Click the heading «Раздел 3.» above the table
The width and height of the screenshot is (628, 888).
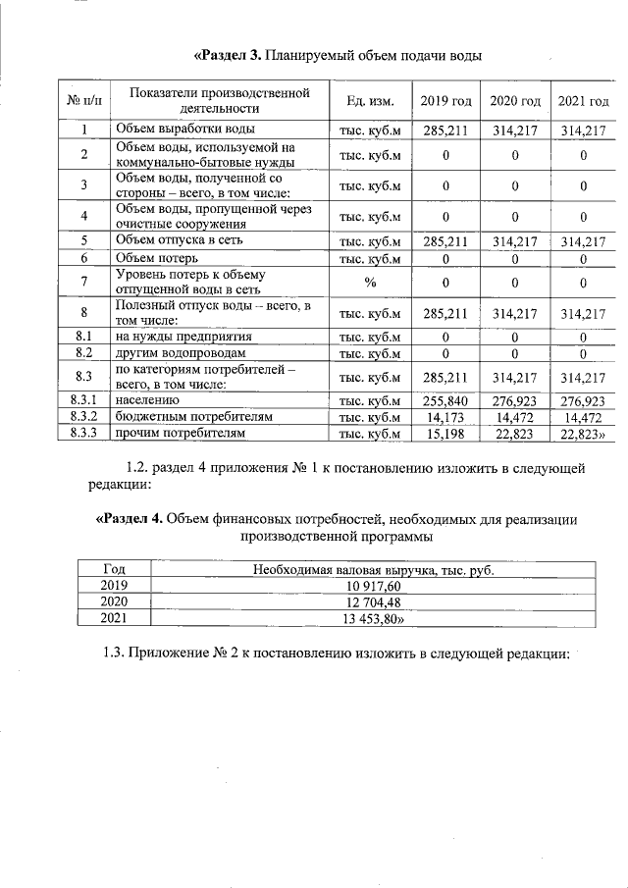coord(228,54)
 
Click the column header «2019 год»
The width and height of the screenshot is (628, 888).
coord(445,101)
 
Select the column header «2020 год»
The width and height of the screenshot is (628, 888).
coord(515,101)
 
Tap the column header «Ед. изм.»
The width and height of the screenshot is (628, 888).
coord(370,101)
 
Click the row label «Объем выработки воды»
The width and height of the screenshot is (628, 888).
coord(185,129)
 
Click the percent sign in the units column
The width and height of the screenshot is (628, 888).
coord(370,283)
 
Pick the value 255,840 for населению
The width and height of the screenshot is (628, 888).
coord(445,401)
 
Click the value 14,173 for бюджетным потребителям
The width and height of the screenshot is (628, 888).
coord(445,417)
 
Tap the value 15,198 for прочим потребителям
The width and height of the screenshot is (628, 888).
coord(445,433)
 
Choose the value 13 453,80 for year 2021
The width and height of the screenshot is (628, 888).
coord(375,618)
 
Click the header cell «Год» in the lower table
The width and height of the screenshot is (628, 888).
coord(114,570)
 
